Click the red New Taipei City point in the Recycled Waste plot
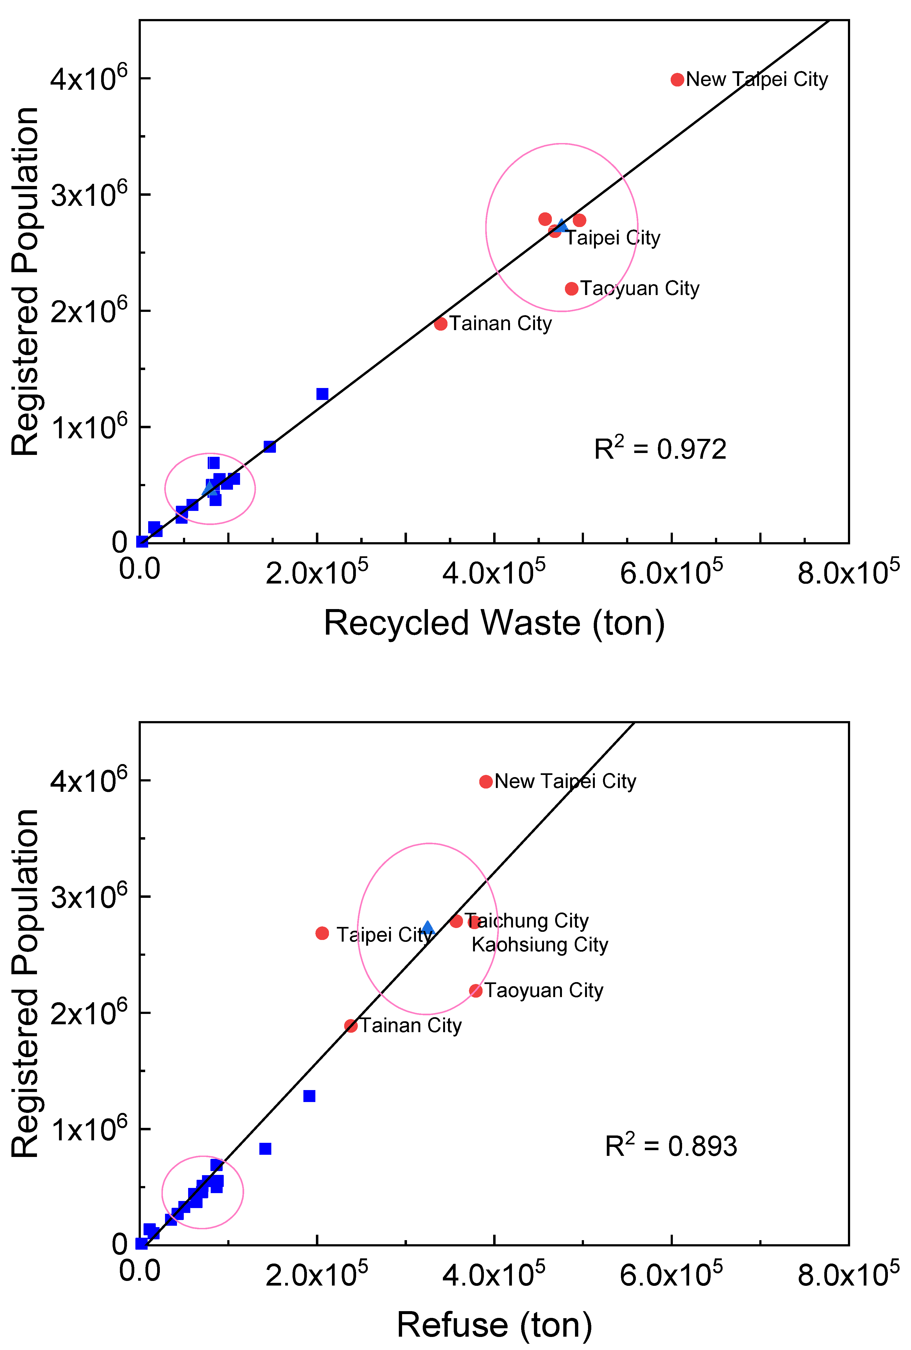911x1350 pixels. (x=677, y=80)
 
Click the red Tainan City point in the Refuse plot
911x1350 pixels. (x=351, y=1026)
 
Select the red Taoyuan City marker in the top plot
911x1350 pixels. (x=571, y=289)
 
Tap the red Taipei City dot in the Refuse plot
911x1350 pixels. (x=322, y=933)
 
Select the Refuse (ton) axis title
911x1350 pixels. (x=494, y=1326)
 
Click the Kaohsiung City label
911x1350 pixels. (x=539, y=945)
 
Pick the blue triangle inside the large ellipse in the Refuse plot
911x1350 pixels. (x=428, y=928)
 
